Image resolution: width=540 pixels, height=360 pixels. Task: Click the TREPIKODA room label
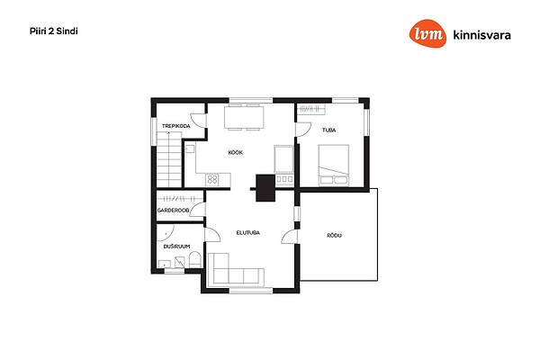pos(176,126)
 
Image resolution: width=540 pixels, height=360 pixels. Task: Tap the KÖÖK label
pos(236,152)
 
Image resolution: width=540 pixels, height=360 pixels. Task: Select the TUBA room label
pos(328,130)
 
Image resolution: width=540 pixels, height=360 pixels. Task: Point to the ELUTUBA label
pos(248,232)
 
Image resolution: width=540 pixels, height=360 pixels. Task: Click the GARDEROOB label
pos(173,210)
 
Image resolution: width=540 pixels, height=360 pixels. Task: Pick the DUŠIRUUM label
pos(176,247)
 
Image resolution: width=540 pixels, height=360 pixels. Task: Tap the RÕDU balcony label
pos(335,235)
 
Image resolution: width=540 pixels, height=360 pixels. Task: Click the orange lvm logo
pos(427,33)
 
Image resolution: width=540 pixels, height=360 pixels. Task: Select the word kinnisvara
pos(481,35)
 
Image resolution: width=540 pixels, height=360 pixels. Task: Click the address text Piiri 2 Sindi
pos(54,31)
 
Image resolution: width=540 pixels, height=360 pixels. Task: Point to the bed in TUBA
pos(334,166)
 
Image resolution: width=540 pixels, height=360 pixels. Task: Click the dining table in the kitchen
pos(244,118)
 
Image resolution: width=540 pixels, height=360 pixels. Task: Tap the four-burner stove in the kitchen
pos(212,179)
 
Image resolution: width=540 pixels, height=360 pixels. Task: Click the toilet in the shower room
pos(195,259)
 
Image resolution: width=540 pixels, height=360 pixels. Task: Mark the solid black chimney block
pos(265,188)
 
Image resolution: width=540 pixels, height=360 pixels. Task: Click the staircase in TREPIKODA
pos(169,159)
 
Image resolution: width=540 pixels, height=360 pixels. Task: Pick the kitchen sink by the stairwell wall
pos(190,148)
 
